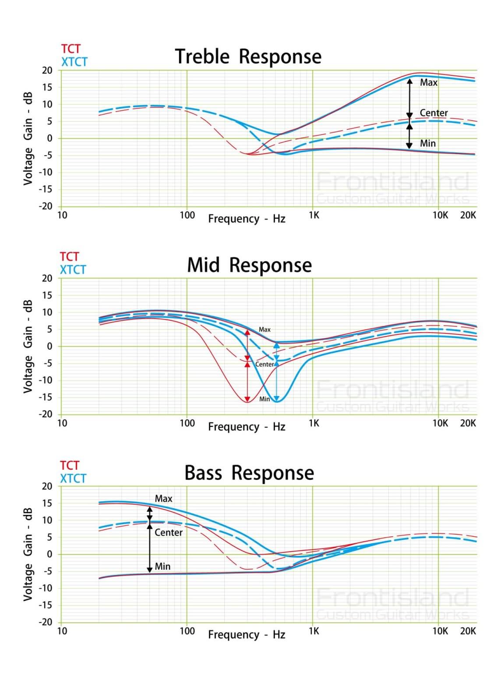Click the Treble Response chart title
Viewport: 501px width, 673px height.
(x=248, y=57)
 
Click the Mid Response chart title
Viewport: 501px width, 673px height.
(x=249, y=266)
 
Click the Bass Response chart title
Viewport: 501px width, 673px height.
(x=249, y=473)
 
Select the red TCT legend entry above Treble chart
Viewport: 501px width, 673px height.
(x=71, y=49)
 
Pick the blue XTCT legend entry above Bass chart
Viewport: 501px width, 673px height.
(x=73, y=478)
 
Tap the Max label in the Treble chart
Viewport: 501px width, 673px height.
(x=428, y=82)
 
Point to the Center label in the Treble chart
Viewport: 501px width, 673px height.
(x=434, y=113)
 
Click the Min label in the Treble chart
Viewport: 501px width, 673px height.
(x=427, y=143)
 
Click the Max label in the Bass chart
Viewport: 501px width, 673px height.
(x=163, y=499)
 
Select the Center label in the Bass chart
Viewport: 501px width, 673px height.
(x=168, y=532)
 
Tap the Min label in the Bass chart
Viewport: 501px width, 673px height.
(x=162, y=567)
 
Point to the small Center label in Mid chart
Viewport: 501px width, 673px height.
(x=265, y=364)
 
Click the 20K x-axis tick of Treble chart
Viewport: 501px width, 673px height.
(x=468, y=215)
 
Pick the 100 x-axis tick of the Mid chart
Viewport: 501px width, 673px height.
(x=187, y=423)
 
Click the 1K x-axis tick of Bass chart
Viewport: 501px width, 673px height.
(x=314, y=631)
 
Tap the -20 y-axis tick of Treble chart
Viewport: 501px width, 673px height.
(x=46, y=206)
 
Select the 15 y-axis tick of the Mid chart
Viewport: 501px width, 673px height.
(x=47, y=295)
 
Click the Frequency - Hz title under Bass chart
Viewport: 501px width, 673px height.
(x=247, y=635)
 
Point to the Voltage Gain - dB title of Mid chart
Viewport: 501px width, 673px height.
(x=28, y=346)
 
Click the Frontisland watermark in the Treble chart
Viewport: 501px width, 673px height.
(x=392, y=182)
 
